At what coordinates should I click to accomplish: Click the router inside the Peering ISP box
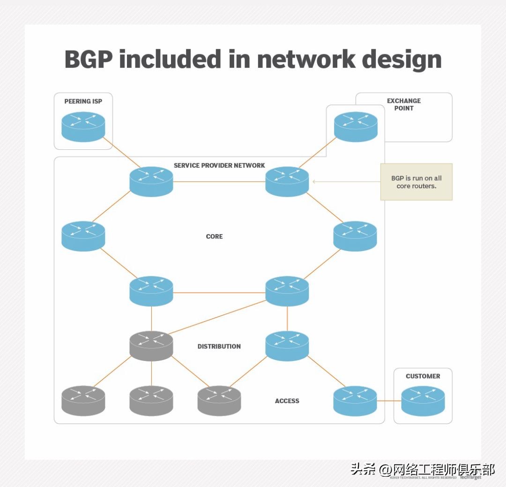coord(83,126)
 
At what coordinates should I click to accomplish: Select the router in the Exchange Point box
coord(356,126)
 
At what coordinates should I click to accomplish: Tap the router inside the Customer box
coord(423,401)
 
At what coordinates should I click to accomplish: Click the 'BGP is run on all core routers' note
coord(416,182)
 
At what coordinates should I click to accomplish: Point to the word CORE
coord(214,236)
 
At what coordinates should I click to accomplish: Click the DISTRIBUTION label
coord(219,347)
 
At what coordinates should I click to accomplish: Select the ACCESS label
coord(287,401)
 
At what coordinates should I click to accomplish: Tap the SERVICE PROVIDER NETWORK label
coord(219,165)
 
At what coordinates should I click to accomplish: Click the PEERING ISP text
coord(83,101)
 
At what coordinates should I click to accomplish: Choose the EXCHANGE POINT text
coord(403,104)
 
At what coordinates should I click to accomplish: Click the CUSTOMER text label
coord(423,376)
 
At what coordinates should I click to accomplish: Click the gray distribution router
coord(151,346)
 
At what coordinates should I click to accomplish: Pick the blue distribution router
coord(287,346)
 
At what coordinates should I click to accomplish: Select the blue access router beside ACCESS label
coord(355,401)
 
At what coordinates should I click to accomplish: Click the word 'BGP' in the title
coord(88,59)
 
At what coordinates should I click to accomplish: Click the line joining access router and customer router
coord(389,401)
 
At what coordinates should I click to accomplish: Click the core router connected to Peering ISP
coord(151,181)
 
